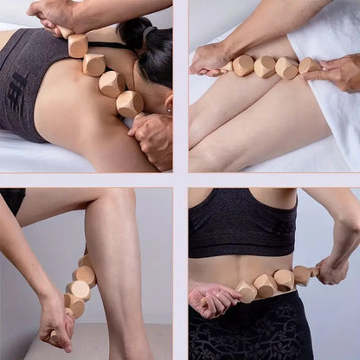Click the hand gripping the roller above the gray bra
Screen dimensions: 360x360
click(x=54, y=13)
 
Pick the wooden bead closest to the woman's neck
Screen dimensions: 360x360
click(x=130, y=103)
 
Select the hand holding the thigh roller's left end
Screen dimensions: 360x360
click(x=209, y=59)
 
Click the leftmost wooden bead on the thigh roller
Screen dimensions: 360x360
click(x=242, y=65)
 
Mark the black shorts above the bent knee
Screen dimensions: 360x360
click(x=13, y=200)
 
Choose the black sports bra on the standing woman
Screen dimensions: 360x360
click(x=243, y=222)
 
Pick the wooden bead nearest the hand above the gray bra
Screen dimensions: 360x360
click(x=78, y=44)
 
